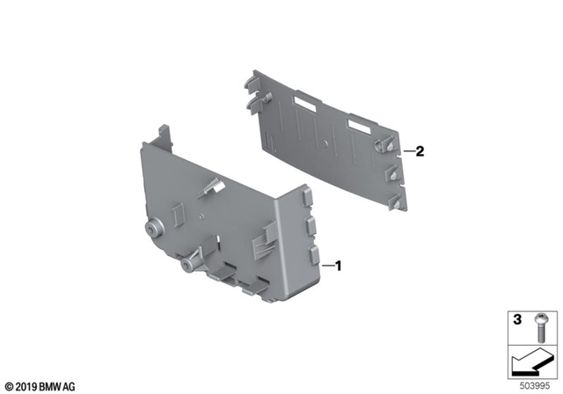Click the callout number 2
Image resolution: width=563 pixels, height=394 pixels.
[420, 151]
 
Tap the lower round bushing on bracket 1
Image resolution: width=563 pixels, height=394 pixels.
[189, 264]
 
